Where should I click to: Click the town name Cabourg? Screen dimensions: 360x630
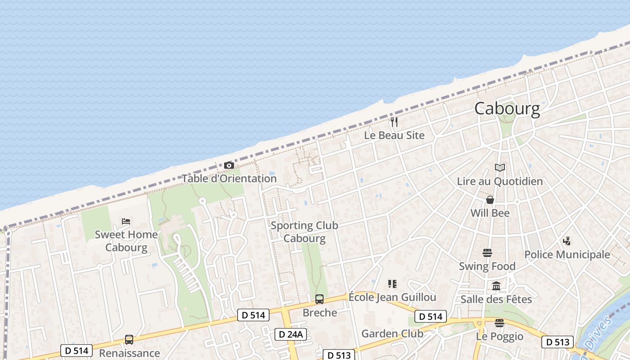point(507,109)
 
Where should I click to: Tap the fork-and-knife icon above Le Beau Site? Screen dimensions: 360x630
point(394,121)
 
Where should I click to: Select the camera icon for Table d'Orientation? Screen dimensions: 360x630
point(229,166)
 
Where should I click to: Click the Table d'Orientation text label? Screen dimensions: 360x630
point(229,178)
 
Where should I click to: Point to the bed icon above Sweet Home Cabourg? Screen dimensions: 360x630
point(126,221)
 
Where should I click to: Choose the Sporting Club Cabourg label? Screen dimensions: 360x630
point(304,232)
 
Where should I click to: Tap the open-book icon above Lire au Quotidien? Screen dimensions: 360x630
point(499,168)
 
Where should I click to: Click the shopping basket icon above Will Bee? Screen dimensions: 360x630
point(490,200)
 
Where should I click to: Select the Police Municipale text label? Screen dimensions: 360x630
point(567,255)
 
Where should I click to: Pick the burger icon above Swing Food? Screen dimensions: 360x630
point(487,253)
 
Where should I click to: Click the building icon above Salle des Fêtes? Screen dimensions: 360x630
point(496,286)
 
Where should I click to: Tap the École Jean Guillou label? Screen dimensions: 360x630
point(392,297)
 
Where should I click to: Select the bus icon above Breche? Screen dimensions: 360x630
point(319,299)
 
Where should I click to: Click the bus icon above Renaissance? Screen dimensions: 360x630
point(129,340)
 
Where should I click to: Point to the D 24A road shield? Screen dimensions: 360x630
point(291,334)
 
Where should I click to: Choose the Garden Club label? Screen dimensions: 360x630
point(392,333)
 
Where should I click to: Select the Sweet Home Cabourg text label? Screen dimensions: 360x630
point(126,241)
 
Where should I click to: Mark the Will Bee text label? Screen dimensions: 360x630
point(490,213)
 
